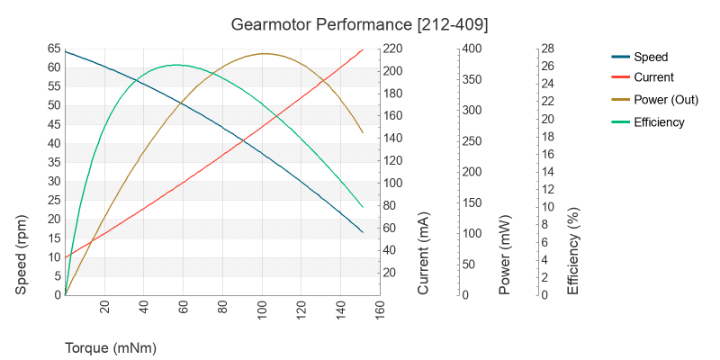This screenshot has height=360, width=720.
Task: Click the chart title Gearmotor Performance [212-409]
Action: pos(360,22)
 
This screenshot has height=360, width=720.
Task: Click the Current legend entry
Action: pos(653,78)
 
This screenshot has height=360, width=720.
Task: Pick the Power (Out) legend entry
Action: pos(667,100)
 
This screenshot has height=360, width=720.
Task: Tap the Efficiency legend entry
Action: pos(659,122)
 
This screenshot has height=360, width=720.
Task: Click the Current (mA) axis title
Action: pos(424,254)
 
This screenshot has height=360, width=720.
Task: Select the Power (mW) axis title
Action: pos(505,256)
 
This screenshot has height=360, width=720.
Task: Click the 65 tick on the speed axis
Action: pos(54,49)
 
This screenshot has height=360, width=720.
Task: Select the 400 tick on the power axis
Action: pos(472,49)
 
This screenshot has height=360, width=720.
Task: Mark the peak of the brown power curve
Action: pos(265,54)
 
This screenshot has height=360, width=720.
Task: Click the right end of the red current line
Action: pos(363,49)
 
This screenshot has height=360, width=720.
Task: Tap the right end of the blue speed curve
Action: pos(363,232)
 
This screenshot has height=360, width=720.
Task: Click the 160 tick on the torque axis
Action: pos(380,310)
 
